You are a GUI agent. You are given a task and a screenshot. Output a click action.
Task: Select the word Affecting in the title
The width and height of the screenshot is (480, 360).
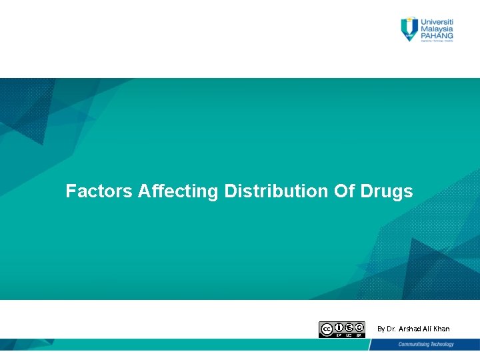click(x=178, y=192)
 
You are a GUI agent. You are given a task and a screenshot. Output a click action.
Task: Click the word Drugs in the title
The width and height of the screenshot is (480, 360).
click(x=387, y=192)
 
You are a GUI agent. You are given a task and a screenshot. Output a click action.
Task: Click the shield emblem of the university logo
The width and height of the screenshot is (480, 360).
click(x=409, y=29)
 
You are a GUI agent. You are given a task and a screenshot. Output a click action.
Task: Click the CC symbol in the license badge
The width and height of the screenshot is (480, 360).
click(x=327, y=329)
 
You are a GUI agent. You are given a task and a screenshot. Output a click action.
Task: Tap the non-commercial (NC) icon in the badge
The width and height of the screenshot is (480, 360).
click(x=349, y=327)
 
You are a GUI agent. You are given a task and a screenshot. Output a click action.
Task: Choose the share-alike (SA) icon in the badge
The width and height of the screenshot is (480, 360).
click(x=359, y=327)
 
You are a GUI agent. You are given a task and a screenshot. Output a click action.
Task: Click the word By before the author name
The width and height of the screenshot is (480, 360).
click(x=381, y=329)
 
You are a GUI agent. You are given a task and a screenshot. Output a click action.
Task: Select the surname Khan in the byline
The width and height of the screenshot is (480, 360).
click(x=441, y=329)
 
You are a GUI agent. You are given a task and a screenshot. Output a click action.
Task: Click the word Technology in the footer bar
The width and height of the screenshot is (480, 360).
click(x=441, y=345)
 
